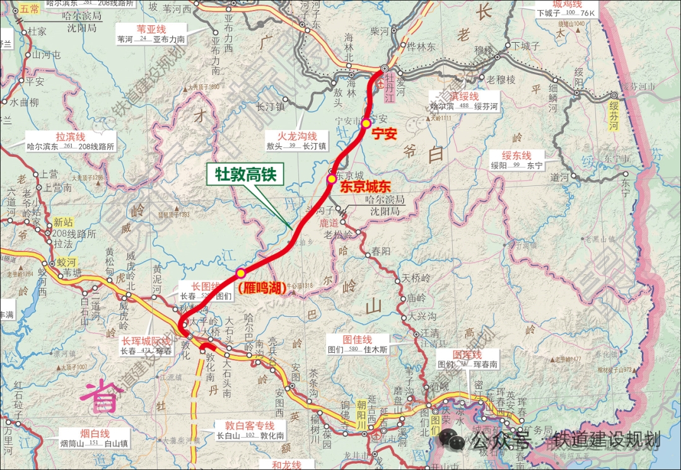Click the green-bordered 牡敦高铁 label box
(x=246, y=175)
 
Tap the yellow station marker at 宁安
(x=366, y=123)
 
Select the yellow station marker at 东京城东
(x=331, y=179)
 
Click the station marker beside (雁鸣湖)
(x=240, y=273)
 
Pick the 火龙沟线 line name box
(x=300, y=136)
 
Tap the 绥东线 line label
(x=516, y=155)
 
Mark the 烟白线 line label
(x=95, y=433)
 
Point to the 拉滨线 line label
(x=70, y=136)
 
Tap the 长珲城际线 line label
(x=146, y=341)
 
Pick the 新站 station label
(x=63, y=222)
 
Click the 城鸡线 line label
(x=566, y=3)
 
